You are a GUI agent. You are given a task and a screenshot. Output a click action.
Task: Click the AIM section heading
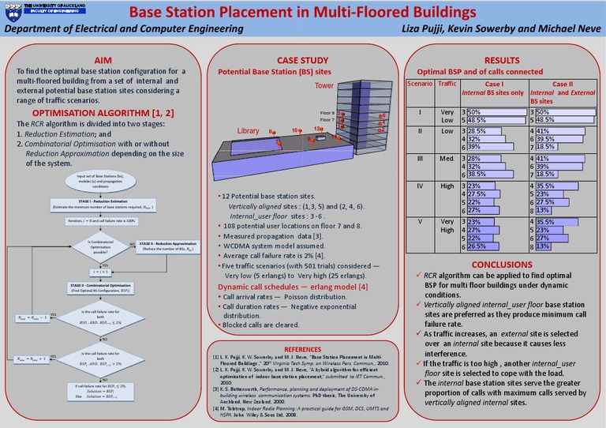click(103, 60)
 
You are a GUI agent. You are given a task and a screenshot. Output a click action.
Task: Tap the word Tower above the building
click(324, 85)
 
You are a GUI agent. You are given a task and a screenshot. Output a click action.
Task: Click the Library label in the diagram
click(248, 130)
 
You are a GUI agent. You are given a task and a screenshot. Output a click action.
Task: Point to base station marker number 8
click(271, 131)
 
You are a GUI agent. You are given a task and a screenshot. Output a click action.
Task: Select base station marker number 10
click(295, 130)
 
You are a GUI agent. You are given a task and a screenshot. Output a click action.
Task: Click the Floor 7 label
click(327, 122)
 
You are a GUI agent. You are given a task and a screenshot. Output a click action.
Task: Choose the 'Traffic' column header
click(447, 83)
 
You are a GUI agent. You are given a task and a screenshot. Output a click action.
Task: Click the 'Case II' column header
click(563, 84)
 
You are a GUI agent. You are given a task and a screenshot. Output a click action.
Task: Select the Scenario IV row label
click(421, 186)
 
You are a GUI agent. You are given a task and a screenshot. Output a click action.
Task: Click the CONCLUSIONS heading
click(502, 264)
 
